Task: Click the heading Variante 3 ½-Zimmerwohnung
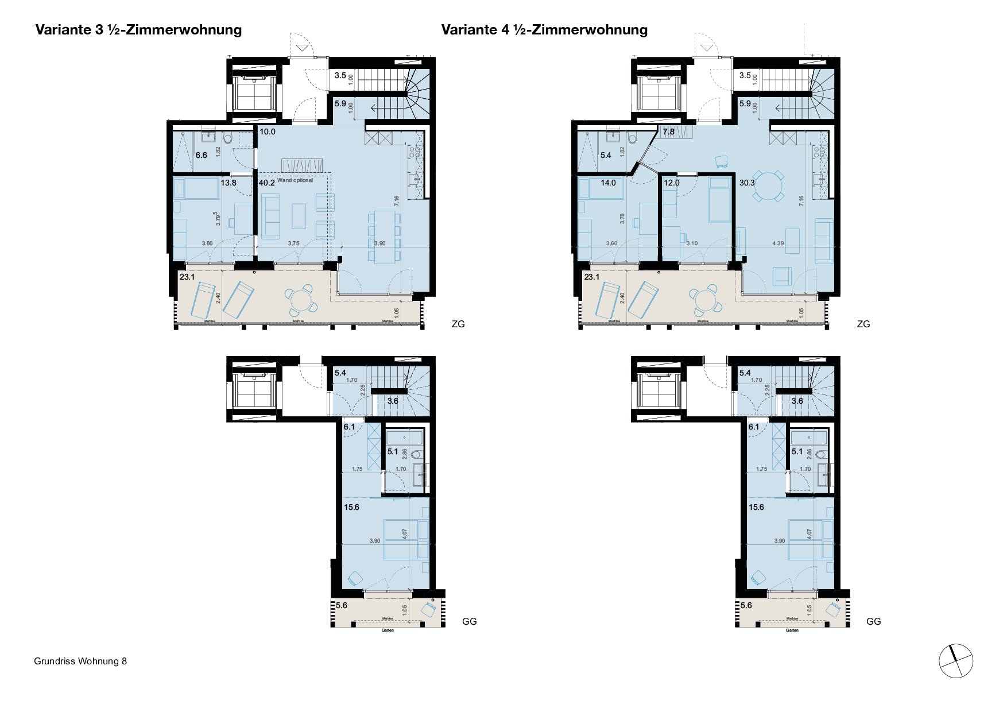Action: click(x=138, y=30)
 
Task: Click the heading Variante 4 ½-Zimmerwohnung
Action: click(x=544, y=30)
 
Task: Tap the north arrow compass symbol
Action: click(x=956, y=661)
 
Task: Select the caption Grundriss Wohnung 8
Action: click(x=80, y=661)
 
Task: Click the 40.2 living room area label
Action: click(x=266, y=183)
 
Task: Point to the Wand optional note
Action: click(x=295, y=180)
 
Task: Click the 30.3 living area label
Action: click(x=747, y=183)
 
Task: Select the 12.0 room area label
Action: click(x=671, y=183)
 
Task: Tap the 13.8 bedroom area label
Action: click(x=228, y=183)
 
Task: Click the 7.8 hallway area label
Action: click(x=668, y=132)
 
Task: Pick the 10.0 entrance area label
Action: click(x=268, y=131)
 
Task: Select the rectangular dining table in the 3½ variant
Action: click(x=384, y=237)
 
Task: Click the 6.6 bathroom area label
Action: click(x=201, y=155)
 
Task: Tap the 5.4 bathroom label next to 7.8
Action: click(x=605, y=155)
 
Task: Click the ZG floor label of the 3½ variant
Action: click(x=458, y=324)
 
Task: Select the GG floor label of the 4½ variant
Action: click(x=873, y=621)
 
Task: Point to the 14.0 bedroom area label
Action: click(x=608, y=183)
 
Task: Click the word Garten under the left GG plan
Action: click(x=388, y=630)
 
